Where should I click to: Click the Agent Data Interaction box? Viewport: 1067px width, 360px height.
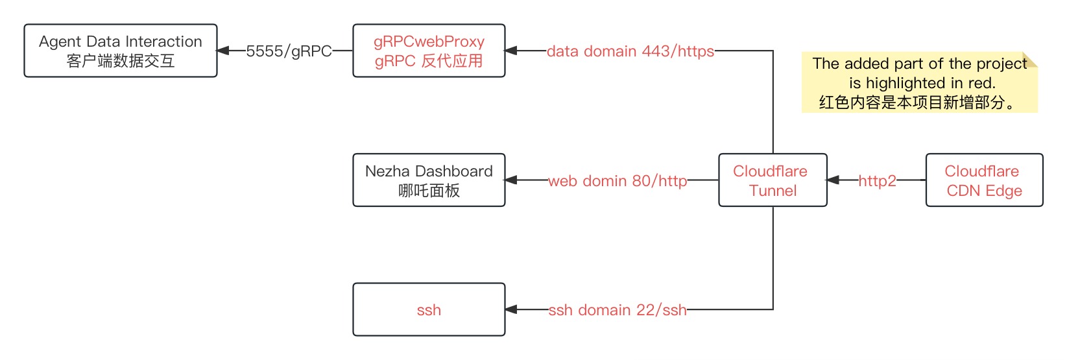[x=121, y=51]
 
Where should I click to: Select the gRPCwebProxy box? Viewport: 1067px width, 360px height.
[x=429, y=51]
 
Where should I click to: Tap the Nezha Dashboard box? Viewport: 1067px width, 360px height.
[x=429, y=180]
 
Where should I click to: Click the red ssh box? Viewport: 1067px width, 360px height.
[x=429, y=309]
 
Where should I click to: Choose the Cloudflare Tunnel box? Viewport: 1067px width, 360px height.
[x=773, y=180]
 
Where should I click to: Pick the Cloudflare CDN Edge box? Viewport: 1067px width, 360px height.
[x=984, y=180]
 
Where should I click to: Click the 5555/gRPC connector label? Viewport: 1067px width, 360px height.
[x=289, y=51]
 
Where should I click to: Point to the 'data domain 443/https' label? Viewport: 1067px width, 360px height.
[x=630, y=51]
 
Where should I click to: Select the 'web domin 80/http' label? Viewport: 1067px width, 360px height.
[x=617, y=181]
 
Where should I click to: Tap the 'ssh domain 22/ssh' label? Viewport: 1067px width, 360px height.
[x=617, y=310]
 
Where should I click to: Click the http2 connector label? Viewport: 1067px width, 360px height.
[x=877, y=181]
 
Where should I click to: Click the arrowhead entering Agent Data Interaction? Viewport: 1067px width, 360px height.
[x=223, y=51]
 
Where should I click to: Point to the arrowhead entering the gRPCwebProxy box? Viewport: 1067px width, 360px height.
[x=511, y=51]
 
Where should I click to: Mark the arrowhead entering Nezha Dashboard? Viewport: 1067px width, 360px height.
[x=511, y=180]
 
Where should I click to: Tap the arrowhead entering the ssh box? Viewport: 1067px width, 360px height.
[x=511, y=309]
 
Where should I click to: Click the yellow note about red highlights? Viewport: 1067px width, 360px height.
[x=919, y=82]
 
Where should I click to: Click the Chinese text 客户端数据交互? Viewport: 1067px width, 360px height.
[x=121, y=61]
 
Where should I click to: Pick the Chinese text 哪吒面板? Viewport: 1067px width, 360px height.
[x=429, y=191]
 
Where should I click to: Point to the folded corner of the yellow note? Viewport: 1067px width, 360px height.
[x=1031, y=59]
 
